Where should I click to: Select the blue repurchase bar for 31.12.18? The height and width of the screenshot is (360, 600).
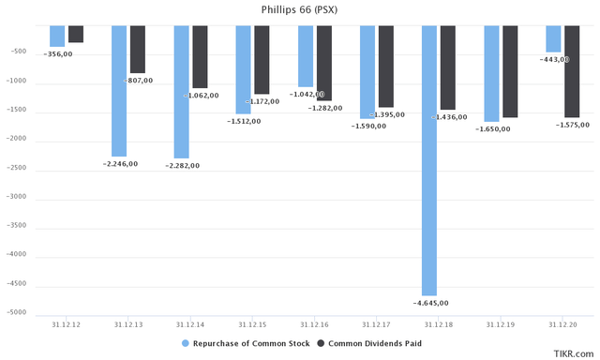(428, 159)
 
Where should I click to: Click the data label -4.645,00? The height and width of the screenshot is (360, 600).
(430, 303)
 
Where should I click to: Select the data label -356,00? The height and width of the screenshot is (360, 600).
(57, 53)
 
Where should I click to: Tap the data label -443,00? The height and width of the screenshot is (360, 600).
(553, 59)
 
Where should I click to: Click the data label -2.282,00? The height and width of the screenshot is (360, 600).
(182, 165)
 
